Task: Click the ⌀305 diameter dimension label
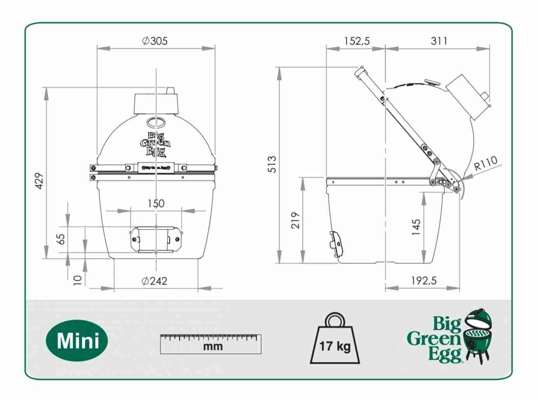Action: pos(155,41)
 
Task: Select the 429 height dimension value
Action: pos(39,181)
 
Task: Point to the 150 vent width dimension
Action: pos(155,203)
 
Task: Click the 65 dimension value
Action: pos(61,239)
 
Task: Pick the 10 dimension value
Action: pos(78,279)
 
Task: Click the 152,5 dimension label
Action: pos(356,41)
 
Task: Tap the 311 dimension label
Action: pos(439,41)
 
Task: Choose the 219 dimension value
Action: pos(296,220)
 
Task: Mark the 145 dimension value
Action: pos(416,227)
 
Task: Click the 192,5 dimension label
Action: pos(424,280)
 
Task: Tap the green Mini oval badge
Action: pos(78,341)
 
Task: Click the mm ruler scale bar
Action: pos(210,344)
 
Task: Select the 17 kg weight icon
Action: pos(335,339)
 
